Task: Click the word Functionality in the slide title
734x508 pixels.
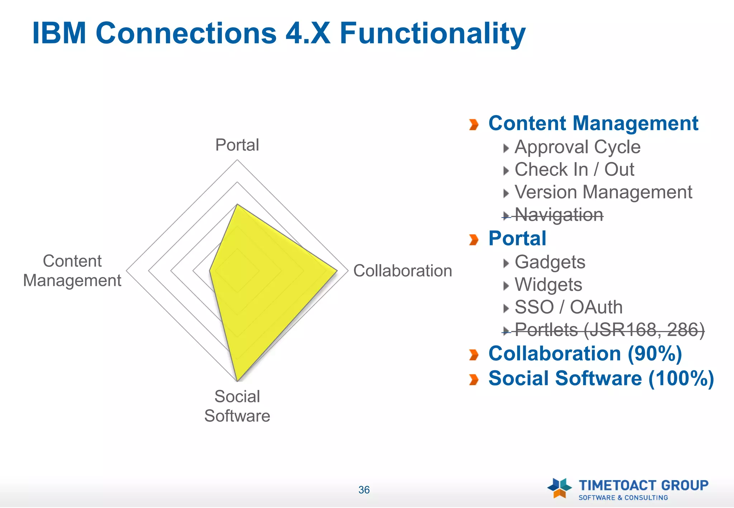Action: [432, 34]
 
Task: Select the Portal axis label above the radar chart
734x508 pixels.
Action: [237, 145]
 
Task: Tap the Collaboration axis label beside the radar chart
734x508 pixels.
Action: [402, 271]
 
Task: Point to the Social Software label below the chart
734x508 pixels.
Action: [237, 406]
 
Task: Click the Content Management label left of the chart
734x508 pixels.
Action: [72, 271]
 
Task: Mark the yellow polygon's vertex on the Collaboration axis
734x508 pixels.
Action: [337, 271]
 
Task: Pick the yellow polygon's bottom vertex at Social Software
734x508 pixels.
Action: [237, 381]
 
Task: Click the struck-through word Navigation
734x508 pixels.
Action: [559, 215]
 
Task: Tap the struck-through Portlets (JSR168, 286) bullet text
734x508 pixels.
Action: [609, 330]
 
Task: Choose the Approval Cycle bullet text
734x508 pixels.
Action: [577, 147]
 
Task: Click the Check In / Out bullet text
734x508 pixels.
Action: [574, 170]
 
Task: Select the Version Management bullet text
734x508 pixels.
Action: [603, 192]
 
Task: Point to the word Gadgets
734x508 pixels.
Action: [550, 262]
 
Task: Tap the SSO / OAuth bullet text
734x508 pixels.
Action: [568, 307]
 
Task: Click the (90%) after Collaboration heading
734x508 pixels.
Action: [654, 354]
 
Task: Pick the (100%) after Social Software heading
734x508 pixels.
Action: [681, 379]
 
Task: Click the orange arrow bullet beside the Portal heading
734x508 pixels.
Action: [474, 240]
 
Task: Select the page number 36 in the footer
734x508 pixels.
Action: [364, 490]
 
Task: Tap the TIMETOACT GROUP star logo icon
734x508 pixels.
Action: [559, 488]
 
